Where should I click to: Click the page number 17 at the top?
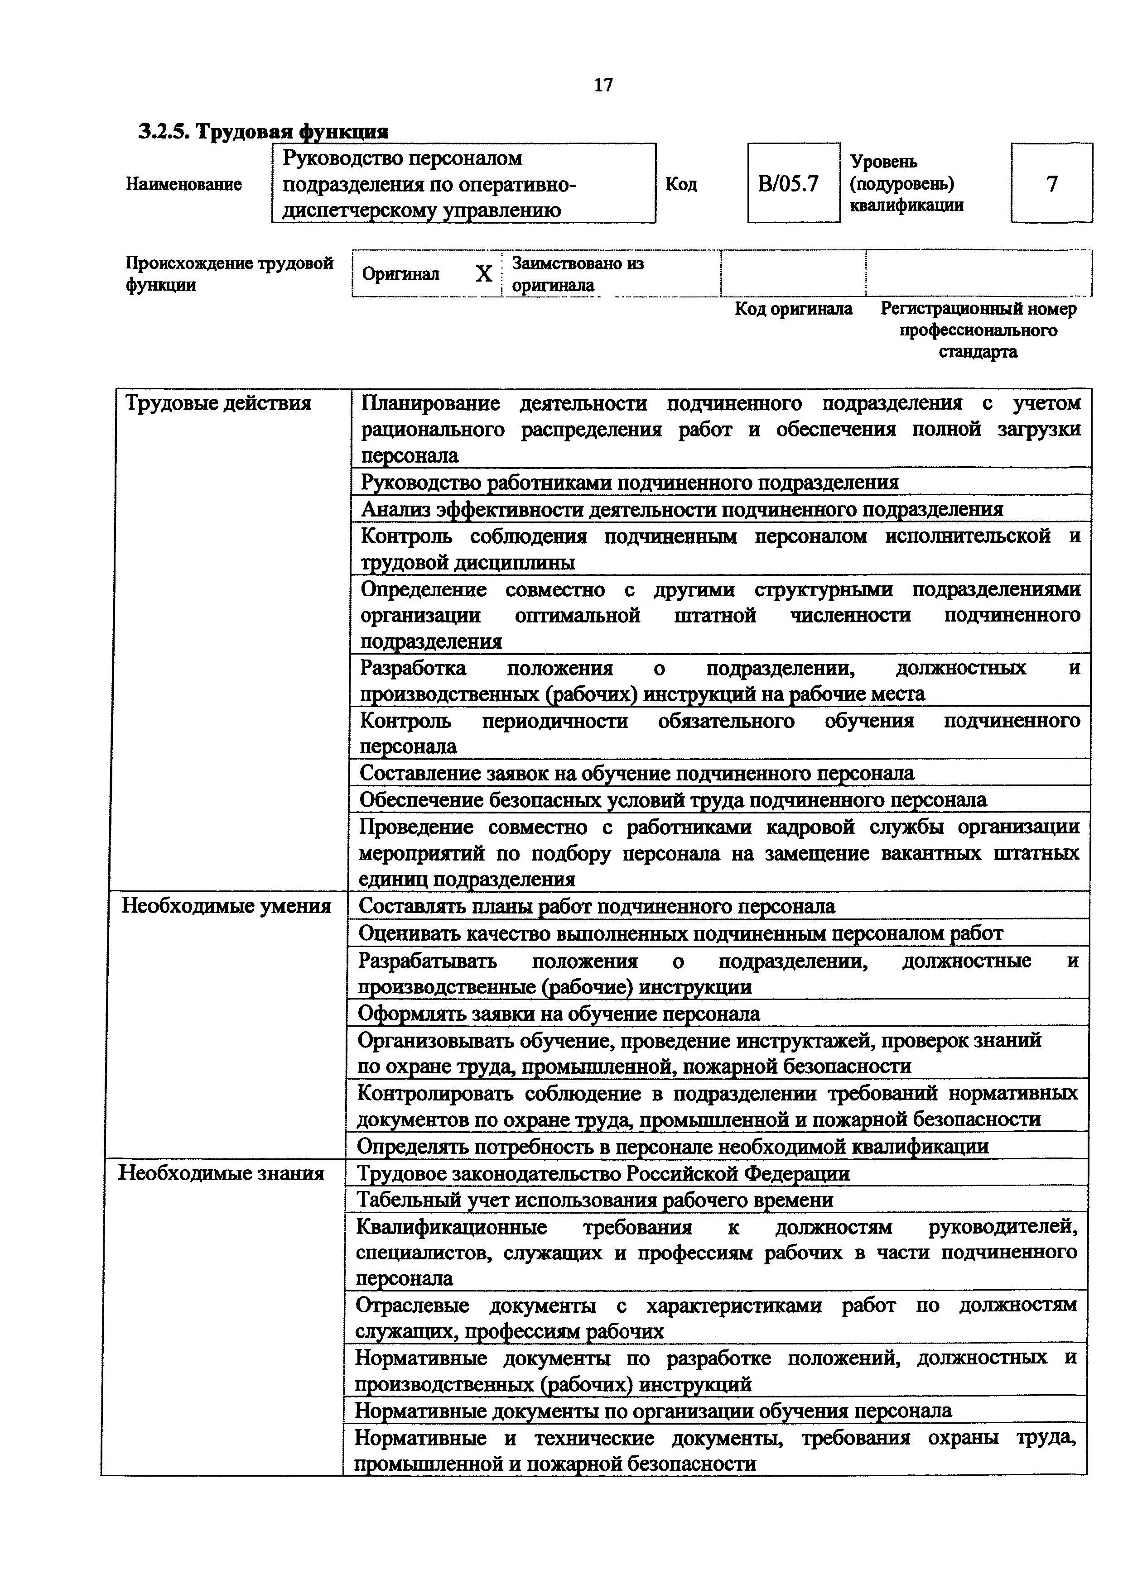603,85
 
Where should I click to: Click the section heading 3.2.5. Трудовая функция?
263,131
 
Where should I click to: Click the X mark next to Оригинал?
484,275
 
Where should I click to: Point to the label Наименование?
184,184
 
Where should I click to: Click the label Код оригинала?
793,308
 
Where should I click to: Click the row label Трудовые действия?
217,403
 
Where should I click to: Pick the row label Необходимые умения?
226,906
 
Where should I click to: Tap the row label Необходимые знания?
222,1173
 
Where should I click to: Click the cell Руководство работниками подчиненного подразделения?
630,482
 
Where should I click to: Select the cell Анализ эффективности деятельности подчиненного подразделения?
682,509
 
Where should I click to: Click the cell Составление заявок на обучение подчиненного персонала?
636,773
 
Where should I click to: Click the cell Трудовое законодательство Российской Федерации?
602,1173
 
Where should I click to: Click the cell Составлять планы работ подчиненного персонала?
597,906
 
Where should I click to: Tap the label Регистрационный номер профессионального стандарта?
978,330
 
